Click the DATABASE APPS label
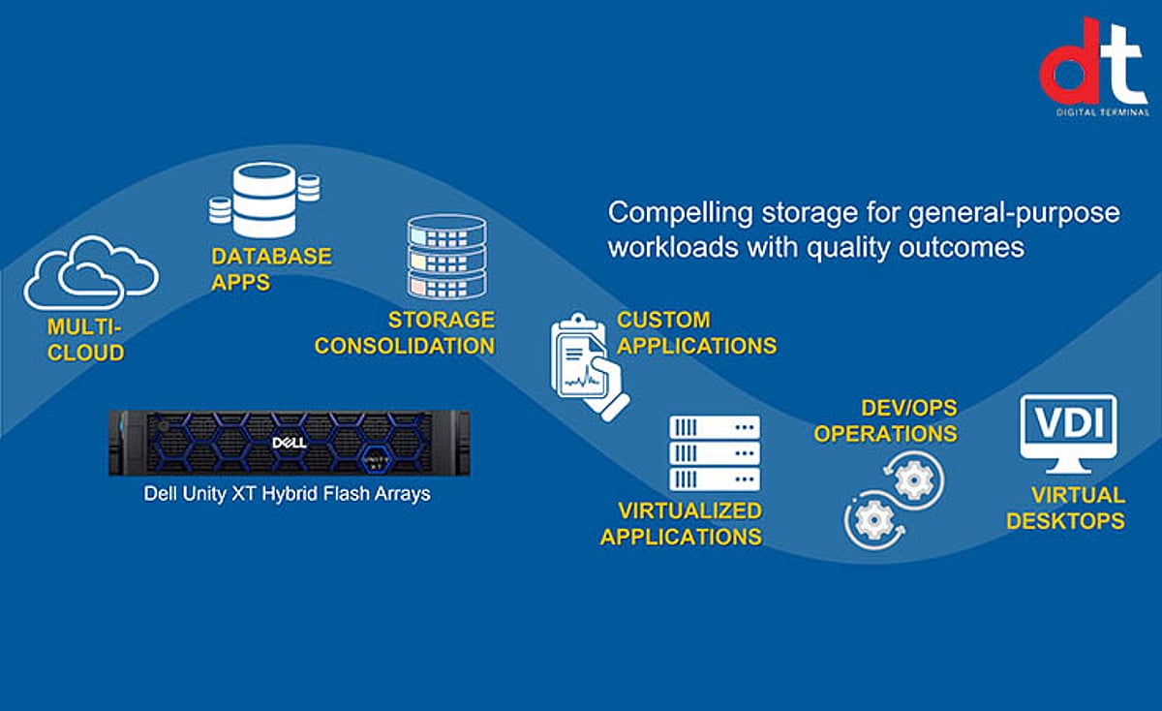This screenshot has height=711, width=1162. pyautogui.click(x=271, y=268)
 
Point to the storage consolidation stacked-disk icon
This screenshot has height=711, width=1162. pyautogui.click(x=446, y=257)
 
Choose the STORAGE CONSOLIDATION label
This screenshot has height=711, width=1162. pyautogui.click(x=405, y=332)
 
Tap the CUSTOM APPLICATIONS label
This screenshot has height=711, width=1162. pyautogui.click(x=696, y=332)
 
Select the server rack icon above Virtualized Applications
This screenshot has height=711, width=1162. pyautogui.click(x=715, y=452)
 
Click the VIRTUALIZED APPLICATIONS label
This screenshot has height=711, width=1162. pyautogui.click(x=681, y=523)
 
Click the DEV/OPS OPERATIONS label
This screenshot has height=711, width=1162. pyautogui.click(x=885, y=420)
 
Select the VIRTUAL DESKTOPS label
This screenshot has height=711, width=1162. pyautogui.click(x=1065, y=508)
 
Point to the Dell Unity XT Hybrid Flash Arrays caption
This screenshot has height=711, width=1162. pyautogui.click(x=287, y=493)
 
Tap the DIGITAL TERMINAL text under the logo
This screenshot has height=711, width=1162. pyautogui.click(x=1100, y=112)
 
